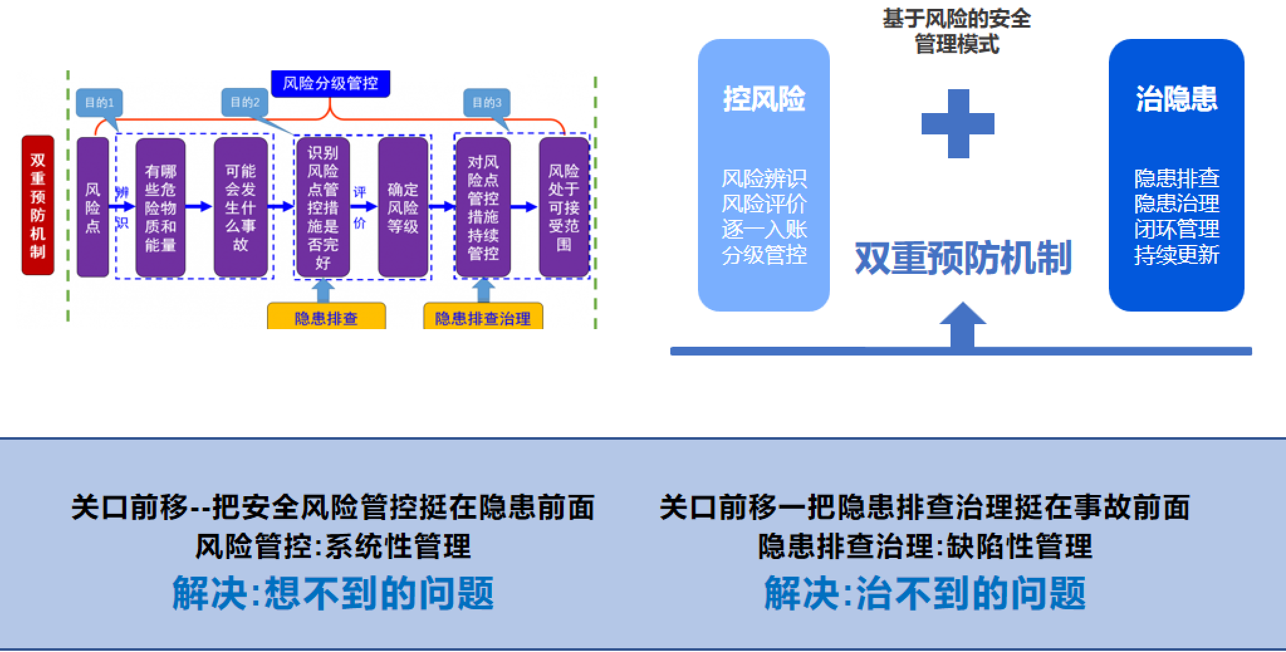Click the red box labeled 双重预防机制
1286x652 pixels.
(x=38, y=205)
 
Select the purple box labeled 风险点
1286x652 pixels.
(x=93, y=207)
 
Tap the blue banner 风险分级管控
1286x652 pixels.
(x=330, y=84)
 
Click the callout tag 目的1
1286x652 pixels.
(x=99, y=102)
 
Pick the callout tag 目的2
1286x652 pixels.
(x=245, y=102)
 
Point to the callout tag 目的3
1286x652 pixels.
(x=487, y=102)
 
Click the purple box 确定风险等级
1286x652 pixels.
(x=403, y=207)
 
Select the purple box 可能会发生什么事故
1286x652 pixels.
(x=241, y=207)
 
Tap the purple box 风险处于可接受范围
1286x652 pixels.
(x=564, y=207)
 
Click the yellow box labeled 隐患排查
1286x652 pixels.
(x=326, y=317)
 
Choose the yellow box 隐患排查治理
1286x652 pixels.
(x=482, y=317)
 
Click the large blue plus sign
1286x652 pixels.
(x=958, y=124)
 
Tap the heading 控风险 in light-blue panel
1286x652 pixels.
(x=764, y=99)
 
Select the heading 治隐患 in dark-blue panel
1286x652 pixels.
(x=1176, y=99)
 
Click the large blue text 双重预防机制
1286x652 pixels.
(x=962, y=258)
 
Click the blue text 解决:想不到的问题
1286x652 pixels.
(x=333, y=593)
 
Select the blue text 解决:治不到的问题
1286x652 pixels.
(x=925, y=593)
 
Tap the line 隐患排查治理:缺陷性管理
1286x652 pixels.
(x=925, y=546)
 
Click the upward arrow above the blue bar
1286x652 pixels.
(x=962, y=323)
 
